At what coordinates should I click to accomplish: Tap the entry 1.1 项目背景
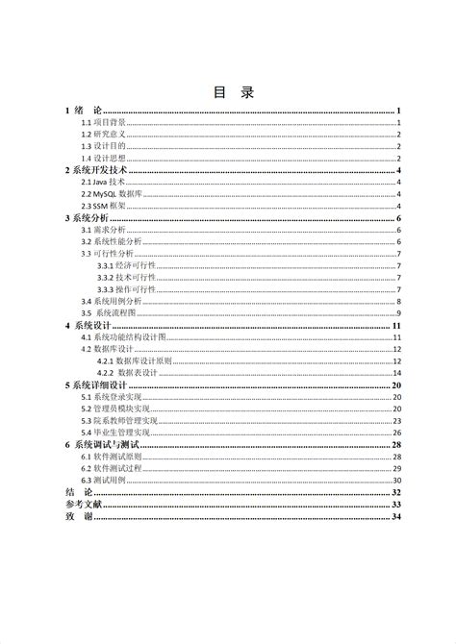[103, 123]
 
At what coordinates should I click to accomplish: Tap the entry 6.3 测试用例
[103, 480]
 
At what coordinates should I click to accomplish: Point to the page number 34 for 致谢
[395, 516]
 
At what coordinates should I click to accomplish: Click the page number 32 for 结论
[395, 492]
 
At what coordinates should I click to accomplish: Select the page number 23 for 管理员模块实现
[396, 409]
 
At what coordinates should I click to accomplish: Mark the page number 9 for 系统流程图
[398, 313]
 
